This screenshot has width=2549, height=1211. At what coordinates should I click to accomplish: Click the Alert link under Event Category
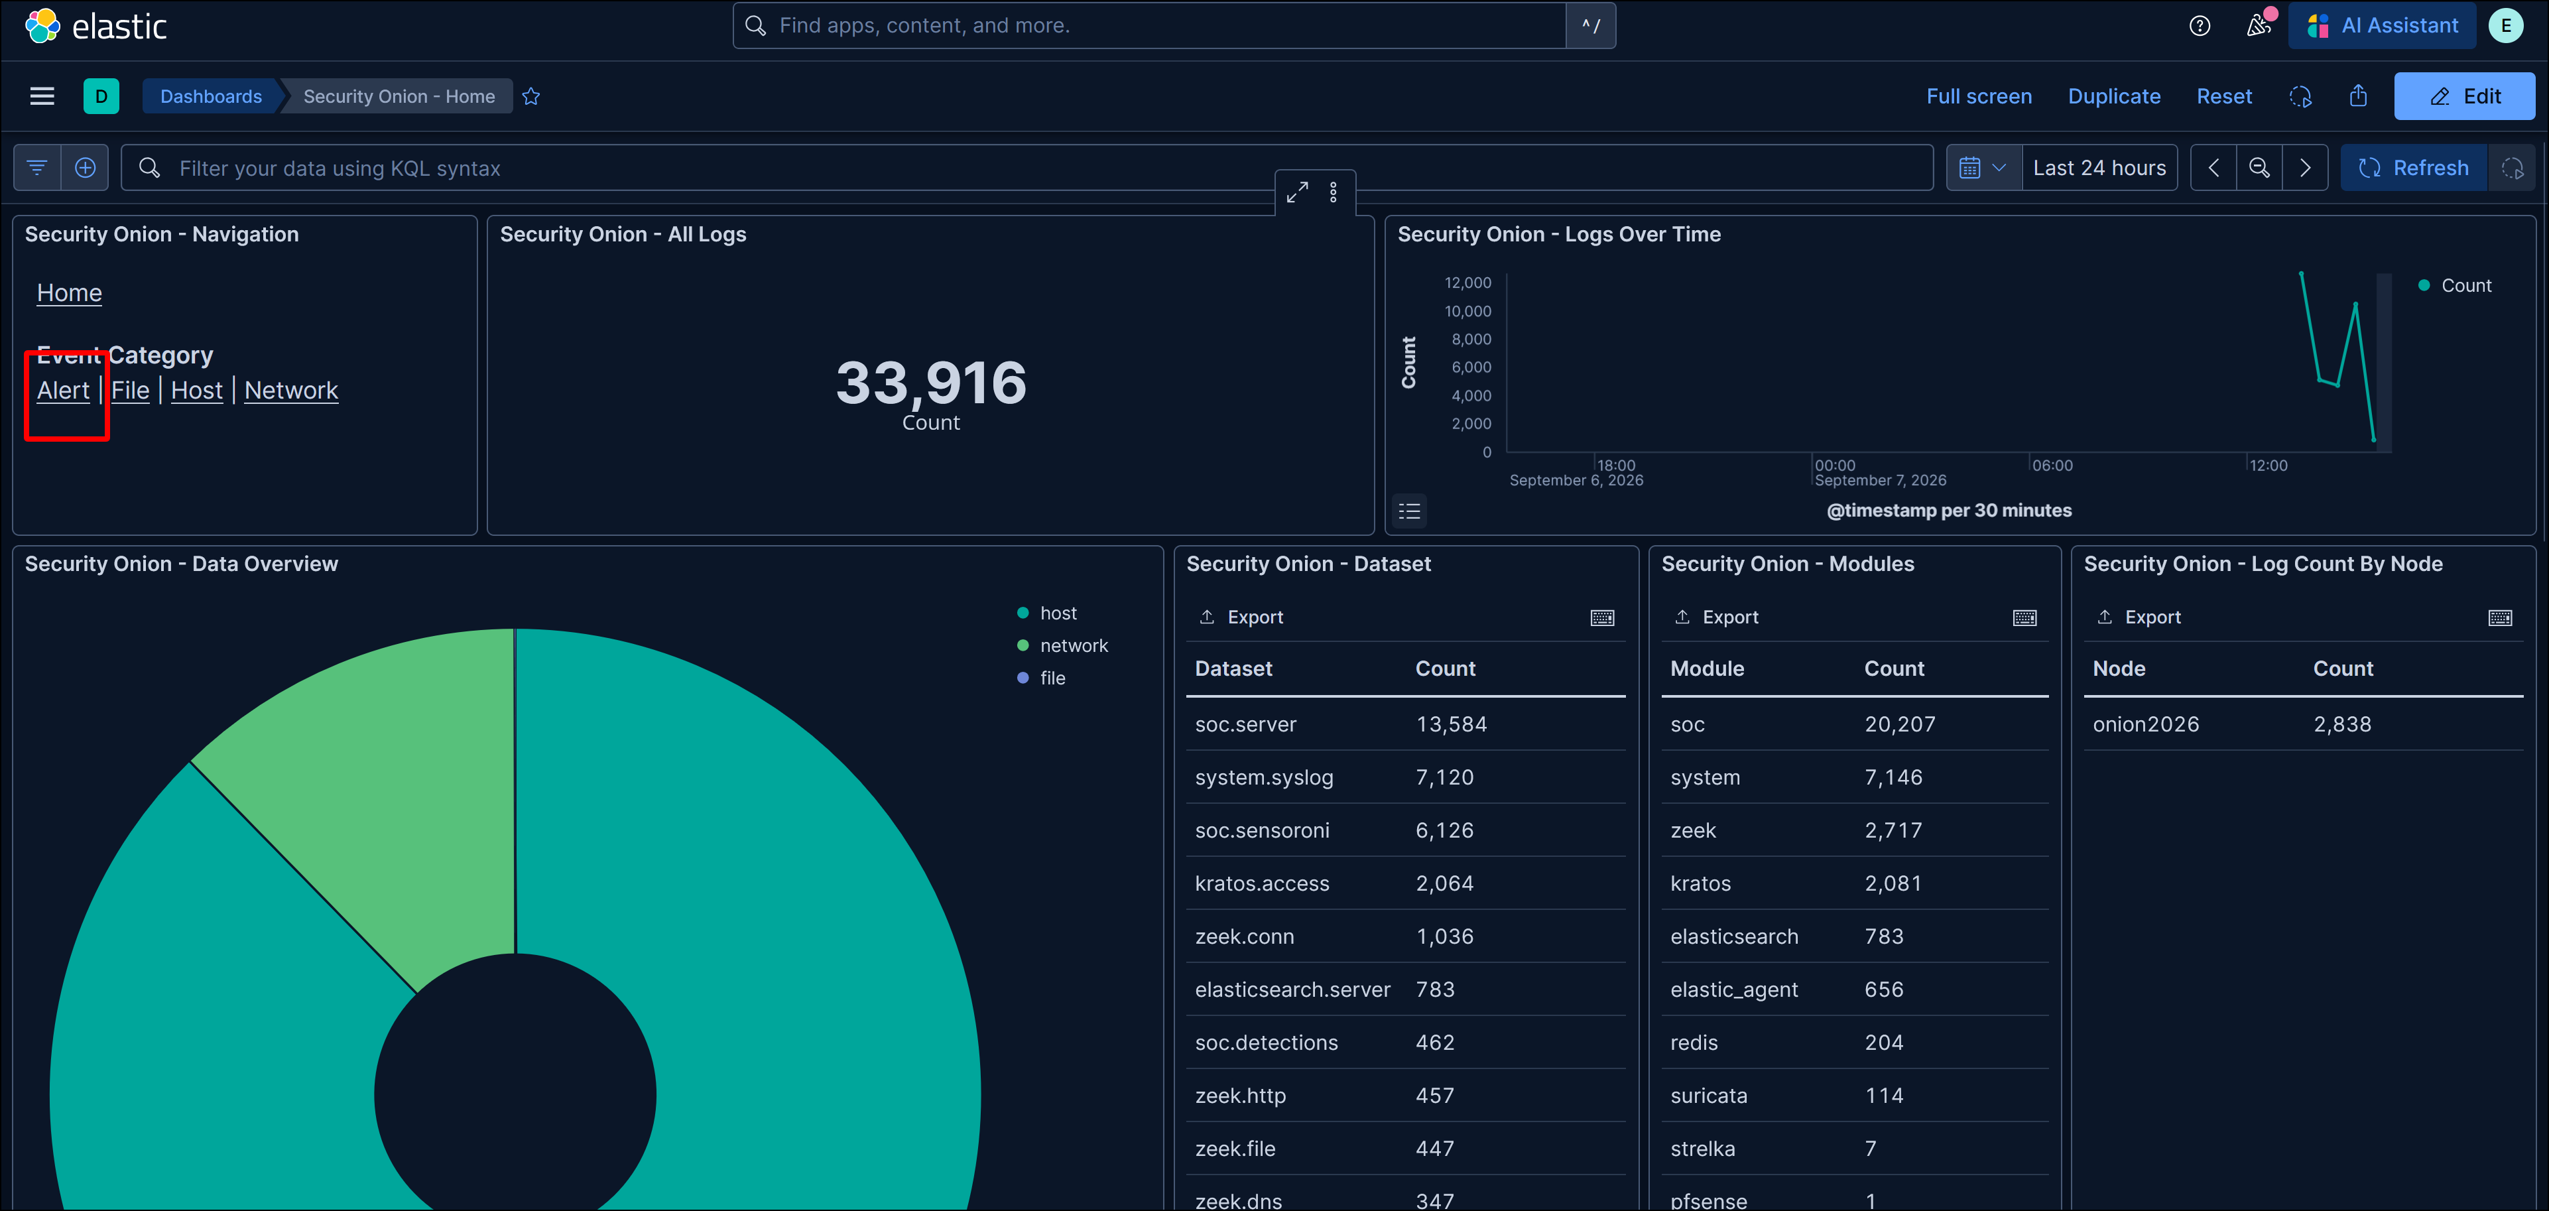point(64,390)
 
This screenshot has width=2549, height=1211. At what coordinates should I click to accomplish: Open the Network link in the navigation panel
point(291,390)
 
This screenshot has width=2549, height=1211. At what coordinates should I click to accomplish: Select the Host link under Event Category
point(197,390)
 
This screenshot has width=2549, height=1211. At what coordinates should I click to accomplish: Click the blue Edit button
point(2464,96)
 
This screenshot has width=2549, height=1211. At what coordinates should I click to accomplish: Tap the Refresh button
point(2414,168)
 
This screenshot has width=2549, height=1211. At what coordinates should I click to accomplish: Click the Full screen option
point(1979,96)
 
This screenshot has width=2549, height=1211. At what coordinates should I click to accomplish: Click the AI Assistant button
point(2382,26)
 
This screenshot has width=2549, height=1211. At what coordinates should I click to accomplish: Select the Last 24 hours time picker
point(2099,168)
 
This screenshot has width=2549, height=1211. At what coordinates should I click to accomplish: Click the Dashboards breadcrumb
point(211,96)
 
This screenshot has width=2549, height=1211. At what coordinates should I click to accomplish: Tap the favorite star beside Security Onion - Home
point(531,96)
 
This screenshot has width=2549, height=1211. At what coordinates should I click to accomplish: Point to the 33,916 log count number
point(931,383)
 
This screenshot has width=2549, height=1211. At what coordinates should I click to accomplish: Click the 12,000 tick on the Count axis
point(1467,283)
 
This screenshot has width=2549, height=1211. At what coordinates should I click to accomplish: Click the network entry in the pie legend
point(1074,645)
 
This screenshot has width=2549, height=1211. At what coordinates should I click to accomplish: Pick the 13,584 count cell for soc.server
point(1451,724)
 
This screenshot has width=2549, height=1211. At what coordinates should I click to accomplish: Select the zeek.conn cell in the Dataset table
point(1245,936)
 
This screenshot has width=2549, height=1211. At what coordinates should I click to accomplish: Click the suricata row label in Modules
point(1709,1095)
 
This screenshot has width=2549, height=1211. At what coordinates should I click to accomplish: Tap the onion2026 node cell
point(2145,724)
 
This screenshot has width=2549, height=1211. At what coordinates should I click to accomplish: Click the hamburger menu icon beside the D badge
point(42,96)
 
